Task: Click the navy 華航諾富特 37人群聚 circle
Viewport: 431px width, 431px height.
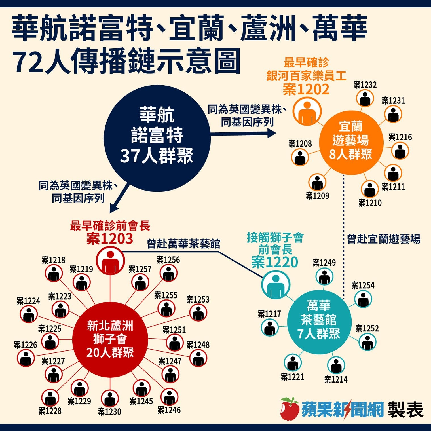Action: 157,138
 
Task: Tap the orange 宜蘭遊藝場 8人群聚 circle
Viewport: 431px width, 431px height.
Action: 351,143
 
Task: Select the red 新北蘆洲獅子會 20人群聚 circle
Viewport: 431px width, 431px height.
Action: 110,340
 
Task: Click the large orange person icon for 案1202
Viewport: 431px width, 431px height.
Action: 307,111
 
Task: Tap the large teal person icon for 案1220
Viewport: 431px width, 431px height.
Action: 276,284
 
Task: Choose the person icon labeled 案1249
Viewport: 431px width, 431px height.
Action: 324,276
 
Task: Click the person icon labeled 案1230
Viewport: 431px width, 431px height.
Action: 109,398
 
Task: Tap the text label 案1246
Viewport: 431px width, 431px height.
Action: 169,410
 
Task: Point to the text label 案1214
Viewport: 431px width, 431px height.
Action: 336,379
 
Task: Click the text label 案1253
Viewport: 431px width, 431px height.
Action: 198,300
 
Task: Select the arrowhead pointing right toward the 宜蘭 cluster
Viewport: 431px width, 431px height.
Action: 272,133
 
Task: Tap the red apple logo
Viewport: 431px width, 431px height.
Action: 290,409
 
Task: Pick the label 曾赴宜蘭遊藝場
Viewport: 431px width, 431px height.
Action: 384,239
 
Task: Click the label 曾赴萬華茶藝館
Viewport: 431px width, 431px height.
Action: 184,244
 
